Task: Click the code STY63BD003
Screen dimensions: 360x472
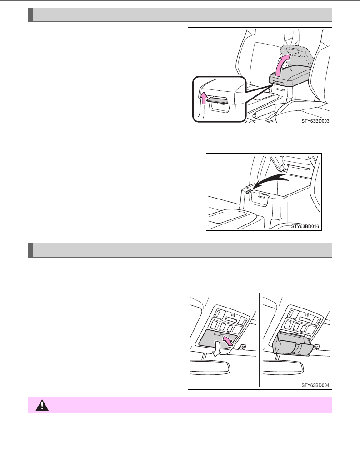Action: tap(314, 121)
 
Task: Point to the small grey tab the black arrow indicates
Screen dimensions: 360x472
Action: tap(247, 191)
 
